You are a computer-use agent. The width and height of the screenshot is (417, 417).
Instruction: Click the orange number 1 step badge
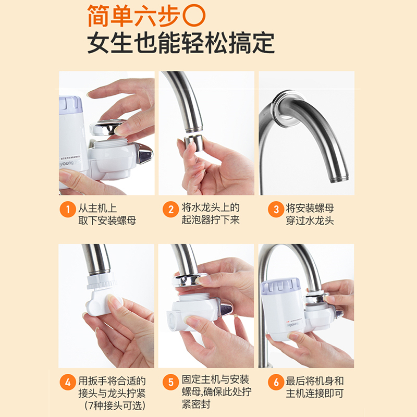(68, 210)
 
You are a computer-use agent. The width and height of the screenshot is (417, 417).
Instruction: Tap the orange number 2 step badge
(171, 210)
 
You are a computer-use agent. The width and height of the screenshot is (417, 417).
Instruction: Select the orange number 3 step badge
(276, 210)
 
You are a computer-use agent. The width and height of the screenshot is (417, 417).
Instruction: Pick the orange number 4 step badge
(68, 382)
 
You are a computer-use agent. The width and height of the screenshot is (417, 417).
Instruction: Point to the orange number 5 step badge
(171, 382)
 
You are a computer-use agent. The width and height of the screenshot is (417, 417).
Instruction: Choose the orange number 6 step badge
(276, 382)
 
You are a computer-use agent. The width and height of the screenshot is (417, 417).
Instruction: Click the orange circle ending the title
(194, 16)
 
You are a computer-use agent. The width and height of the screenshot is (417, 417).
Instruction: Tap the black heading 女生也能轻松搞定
(181, 43)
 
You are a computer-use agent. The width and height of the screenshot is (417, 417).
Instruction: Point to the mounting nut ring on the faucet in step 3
(286, 109)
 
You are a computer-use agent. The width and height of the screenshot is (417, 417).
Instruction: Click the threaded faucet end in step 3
(339, 178)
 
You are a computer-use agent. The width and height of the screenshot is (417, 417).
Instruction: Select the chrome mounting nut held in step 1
(108, 127)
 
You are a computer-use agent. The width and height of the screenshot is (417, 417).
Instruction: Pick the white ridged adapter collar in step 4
(101, 281)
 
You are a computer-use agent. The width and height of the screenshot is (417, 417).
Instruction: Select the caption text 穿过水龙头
(310, 220)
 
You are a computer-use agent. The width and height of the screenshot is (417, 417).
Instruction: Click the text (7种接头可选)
(115, 406)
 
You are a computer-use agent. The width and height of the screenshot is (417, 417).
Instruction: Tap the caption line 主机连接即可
(315, 394)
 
